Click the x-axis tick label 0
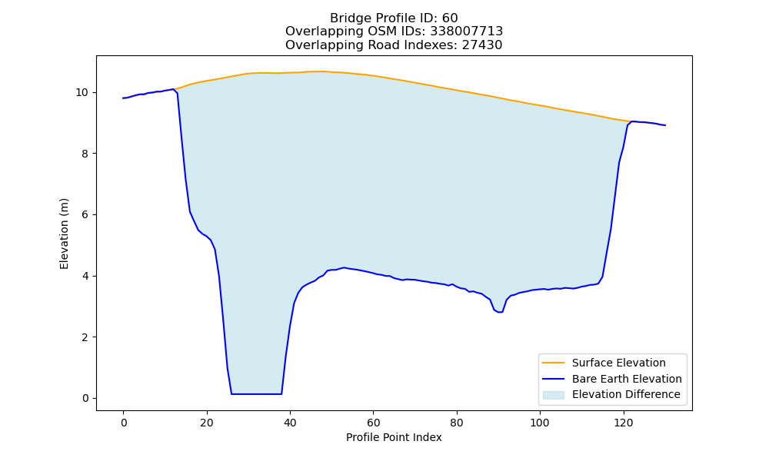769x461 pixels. [124, 423]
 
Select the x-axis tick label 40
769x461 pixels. [290, 423]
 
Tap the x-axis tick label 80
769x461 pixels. [457, 423]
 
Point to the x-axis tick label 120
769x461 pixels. [624, 423]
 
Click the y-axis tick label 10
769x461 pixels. [82, 93]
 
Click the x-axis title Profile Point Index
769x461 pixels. [394, 437]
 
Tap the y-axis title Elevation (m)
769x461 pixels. [65, 234]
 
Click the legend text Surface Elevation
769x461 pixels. [619, 363]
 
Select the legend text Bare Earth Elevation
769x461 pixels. [627, 379]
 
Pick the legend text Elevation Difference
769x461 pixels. [626, 394]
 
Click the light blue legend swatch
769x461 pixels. [553, 395]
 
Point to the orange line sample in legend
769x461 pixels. [553, 363]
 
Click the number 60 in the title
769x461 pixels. [450, 18]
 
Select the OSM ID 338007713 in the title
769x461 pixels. [467, 32]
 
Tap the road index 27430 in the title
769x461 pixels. [482, 45]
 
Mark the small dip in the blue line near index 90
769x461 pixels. [499, 311]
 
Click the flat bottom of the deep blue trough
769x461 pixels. [257, 394]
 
